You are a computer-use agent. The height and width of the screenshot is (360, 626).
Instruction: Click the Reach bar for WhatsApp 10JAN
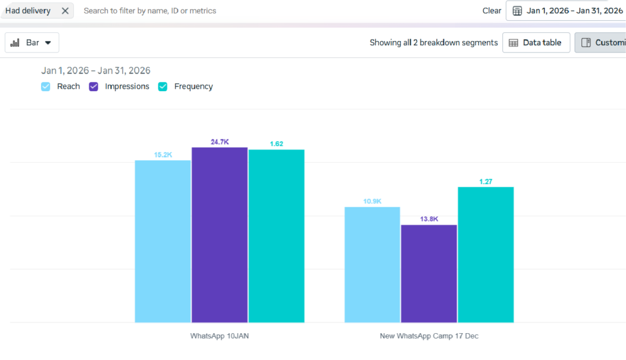coord(163,241)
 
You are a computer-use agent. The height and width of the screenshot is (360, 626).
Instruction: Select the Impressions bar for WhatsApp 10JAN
coord(219,235)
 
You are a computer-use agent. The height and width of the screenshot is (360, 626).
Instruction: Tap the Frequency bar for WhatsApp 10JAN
coord(276,236)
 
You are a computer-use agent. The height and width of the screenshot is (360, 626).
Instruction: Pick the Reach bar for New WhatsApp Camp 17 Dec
coord(372,264)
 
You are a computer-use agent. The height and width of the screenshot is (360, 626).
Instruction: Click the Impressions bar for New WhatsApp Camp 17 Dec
coord(429,273)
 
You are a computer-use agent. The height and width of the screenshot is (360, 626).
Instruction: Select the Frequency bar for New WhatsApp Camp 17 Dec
coord(486,254)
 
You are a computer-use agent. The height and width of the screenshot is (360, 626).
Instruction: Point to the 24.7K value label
coord(219,142)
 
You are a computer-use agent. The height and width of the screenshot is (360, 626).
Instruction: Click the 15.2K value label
coord(163,155)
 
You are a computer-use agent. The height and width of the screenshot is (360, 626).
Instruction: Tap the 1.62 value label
coord(276,144)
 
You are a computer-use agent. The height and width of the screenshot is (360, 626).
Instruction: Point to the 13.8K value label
coord(429,219)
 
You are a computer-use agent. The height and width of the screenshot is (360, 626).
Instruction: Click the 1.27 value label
coord(486,182)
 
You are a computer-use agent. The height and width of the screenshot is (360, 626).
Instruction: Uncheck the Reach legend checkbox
coord(46,87)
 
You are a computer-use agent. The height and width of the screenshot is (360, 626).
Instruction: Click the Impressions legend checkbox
coord(94,87)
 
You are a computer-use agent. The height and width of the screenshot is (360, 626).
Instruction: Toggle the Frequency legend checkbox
coord(163,87)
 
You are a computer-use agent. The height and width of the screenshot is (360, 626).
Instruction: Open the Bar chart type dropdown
coord(32,43)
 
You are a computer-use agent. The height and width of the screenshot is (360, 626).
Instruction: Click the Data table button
coord(536,43)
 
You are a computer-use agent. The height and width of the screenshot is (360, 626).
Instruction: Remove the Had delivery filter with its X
coord(65,10)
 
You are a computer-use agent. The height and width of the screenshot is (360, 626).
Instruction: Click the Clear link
coord(492,10)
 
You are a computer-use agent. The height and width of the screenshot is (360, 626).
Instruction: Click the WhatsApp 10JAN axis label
coord(219,336)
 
